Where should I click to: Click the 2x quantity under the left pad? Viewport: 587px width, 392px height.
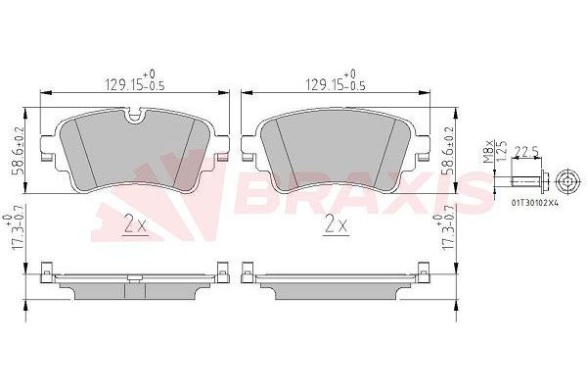[x=134, y=225]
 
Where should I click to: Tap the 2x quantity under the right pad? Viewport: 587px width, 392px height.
[x=336, y=225]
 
